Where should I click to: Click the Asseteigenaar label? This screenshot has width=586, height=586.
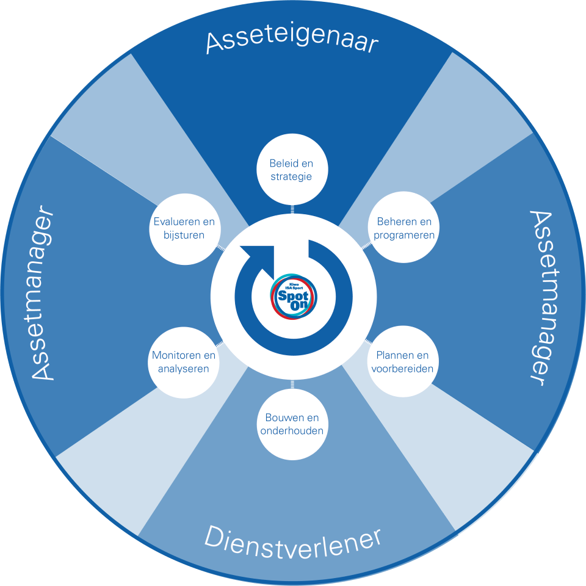click(292, 42)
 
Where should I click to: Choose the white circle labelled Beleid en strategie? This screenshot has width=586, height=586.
click(291, 170)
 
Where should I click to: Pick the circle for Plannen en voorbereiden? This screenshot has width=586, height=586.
click(402, 362)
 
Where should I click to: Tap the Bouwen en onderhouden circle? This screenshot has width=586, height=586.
click(292, 424)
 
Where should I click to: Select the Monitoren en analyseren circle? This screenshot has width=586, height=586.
click(183, 362)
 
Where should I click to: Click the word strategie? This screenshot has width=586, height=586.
click(291, 177)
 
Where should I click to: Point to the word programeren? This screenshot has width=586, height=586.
click(405, 236)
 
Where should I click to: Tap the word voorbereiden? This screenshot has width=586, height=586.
click(402, 369)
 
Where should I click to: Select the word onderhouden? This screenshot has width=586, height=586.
click(292, 431)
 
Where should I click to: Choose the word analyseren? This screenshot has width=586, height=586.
click(183, 369)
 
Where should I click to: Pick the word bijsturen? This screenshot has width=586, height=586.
click(183, 236)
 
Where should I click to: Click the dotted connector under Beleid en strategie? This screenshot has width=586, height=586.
click(292, 210)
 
